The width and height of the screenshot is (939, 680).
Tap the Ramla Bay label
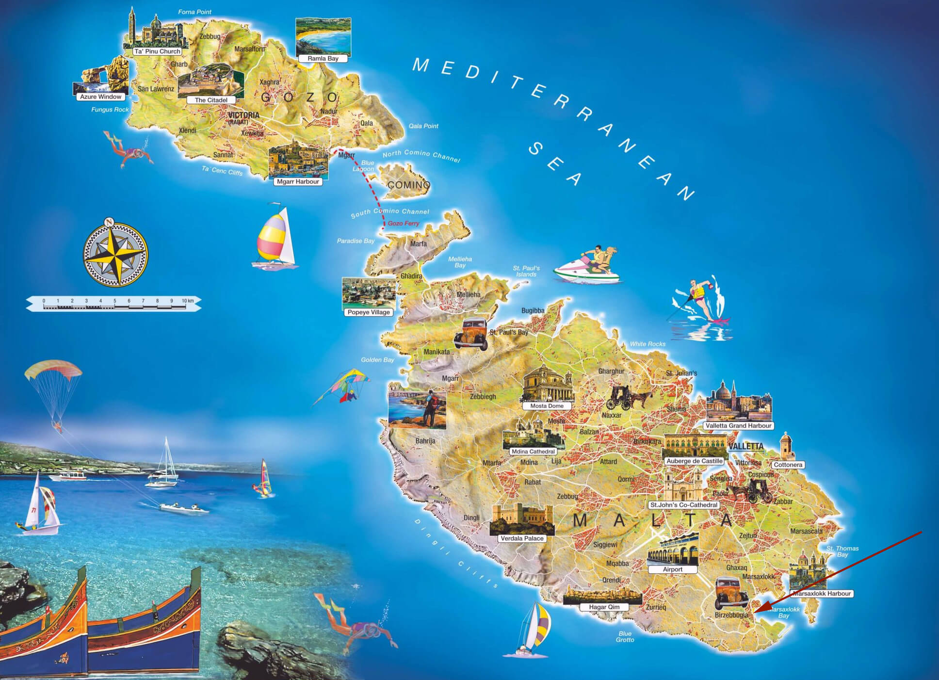(323, 59)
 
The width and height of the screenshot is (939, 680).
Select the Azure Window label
(101, 97)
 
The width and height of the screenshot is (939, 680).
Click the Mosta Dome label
(547, 406)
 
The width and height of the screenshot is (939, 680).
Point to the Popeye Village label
(369, 312)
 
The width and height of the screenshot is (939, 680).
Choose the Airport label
(672, 569)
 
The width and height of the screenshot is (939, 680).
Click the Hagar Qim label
(604, 607)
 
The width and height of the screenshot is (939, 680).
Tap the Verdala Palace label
(522, 538)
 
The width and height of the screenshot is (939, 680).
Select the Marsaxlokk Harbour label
(822, 593)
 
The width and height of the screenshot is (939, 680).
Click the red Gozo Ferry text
(404, 224)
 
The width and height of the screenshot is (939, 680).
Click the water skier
(701, 301)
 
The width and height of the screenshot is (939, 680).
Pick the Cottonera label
(788, 465)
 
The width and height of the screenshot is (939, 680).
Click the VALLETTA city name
(745, 446)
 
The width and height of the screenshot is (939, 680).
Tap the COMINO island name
(408, 185)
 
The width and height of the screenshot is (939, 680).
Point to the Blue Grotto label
(625, 637)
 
